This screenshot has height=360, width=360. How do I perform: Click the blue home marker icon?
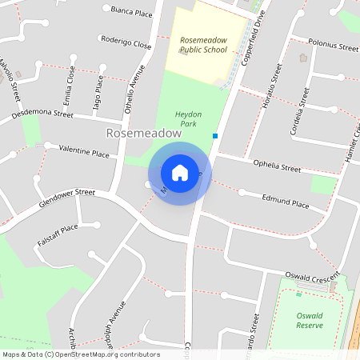[180, 172]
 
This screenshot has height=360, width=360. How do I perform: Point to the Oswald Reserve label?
[308, 320]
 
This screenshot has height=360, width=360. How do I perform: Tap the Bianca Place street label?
[131, 11]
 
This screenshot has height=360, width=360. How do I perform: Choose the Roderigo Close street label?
[126, 42]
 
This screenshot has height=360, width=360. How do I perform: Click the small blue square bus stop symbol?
[215, 136]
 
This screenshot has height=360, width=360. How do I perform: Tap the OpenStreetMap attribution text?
[81, 354]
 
